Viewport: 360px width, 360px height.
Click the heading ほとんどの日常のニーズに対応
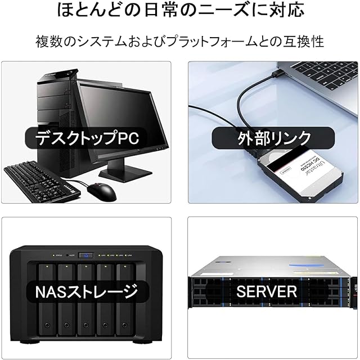pyautogui.click(x=179, y=11)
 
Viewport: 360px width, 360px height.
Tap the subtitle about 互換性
pyautogui.click(x=179, y=41)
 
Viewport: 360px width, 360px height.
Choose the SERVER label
pyautogui.click(x=266, y=291)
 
